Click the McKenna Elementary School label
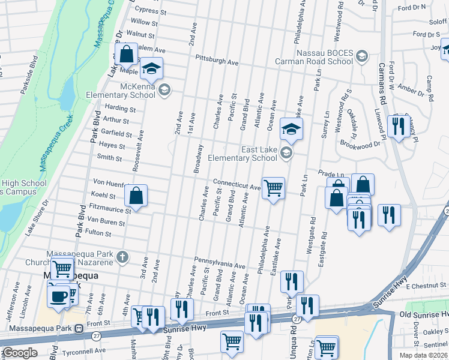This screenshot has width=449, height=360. pos(130,90)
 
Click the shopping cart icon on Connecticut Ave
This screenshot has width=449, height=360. pos(273,188)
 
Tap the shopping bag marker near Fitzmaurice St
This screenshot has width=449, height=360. pos(136,196)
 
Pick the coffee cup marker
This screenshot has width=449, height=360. pos(59,296)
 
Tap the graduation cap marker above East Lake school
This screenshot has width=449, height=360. pos(291,129)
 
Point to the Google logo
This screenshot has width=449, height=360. pos(20,353)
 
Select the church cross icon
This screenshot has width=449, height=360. pos(122,257)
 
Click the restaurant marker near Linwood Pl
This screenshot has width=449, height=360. pos(397,126)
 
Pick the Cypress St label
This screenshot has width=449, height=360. pos(151,10)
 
